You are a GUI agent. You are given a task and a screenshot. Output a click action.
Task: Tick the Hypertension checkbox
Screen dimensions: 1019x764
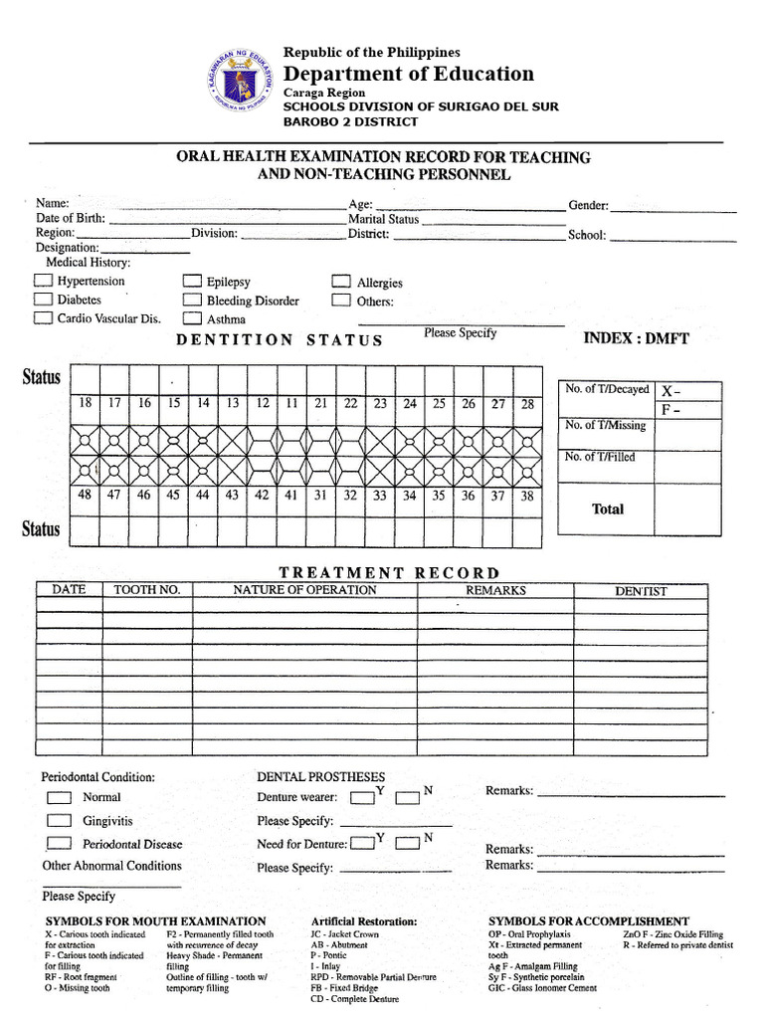point(43,282)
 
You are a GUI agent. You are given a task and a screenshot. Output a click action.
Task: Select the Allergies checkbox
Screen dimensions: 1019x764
point(341,283)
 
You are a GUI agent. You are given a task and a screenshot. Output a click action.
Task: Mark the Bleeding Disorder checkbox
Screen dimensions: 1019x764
point(192,301)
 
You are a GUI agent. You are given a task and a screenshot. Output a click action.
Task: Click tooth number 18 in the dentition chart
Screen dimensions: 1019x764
point(86,403)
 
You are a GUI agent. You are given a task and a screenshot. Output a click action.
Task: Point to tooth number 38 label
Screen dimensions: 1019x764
point(527,495)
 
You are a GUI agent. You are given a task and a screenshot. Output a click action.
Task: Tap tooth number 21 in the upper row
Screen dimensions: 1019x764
point(321,403)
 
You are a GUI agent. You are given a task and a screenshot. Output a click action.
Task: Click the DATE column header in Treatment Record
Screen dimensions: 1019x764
point(70,590)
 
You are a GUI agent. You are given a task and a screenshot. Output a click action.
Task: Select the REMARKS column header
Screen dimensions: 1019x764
point(495,590)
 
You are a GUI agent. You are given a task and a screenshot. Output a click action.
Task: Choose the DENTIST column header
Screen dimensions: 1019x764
point(641,591)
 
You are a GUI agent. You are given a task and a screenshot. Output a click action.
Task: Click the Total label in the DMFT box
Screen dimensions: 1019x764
point(608,509)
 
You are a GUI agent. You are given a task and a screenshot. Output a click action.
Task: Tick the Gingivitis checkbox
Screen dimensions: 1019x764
point(61,821)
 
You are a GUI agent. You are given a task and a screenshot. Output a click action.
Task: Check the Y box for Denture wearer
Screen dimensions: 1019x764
point(362,797)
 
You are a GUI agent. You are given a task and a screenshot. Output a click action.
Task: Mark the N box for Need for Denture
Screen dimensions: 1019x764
point(407,844)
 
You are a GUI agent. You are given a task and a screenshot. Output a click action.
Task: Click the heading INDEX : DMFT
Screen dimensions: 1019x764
point(636,338)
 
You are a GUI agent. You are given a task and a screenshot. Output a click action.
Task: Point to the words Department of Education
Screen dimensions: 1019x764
point(408,74)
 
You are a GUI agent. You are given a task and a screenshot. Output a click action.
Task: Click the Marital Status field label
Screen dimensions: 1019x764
point(383,219)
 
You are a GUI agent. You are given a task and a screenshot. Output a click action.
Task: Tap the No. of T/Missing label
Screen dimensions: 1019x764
point(605,426)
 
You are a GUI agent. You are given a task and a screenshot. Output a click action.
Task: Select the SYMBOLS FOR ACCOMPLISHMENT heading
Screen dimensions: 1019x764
point(588,921)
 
